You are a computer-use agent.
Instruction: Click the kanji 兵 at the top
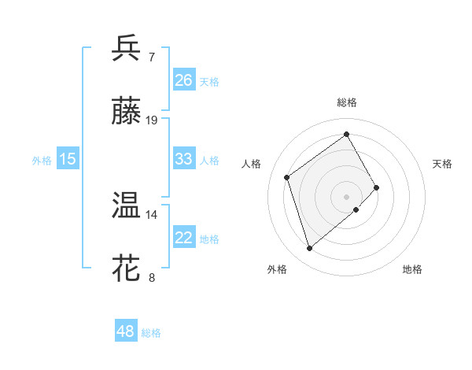point(126,48)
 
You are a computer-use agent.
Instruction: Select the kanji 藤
point(126,112)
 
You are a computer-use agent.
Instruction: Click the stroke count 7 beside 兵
point(152,57)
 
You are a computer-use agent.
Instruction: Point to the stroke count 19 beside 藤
point(152,120)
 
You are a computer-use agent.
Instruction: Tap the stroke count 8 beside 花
point(152,278)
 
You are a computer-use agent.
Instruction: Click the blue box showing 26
point(184,80)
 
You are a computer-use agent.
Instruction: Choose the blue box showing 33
point(184,159)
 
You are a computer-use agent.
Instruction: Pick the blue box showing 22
point(184,238)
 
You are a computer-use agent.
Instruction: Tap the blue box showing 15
point(68,159)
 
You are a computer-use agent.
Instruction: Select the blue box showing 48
point(126,331)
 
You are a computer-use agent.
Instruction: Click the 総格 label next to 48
point(151,333)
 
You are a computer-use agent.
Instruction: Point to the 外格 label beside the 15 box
point(42,161)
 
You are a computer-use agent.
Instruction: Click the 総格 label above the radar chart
point(346,102)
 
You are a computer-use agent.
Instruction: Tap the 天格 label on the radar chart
point(443,164)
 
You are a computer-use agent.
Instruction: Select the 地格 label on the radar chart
point(412,270)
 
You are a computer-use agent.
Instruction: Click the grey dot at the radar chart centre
point(346,195)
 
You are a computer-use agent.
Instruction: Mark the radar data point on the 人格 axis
point(287,177)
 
